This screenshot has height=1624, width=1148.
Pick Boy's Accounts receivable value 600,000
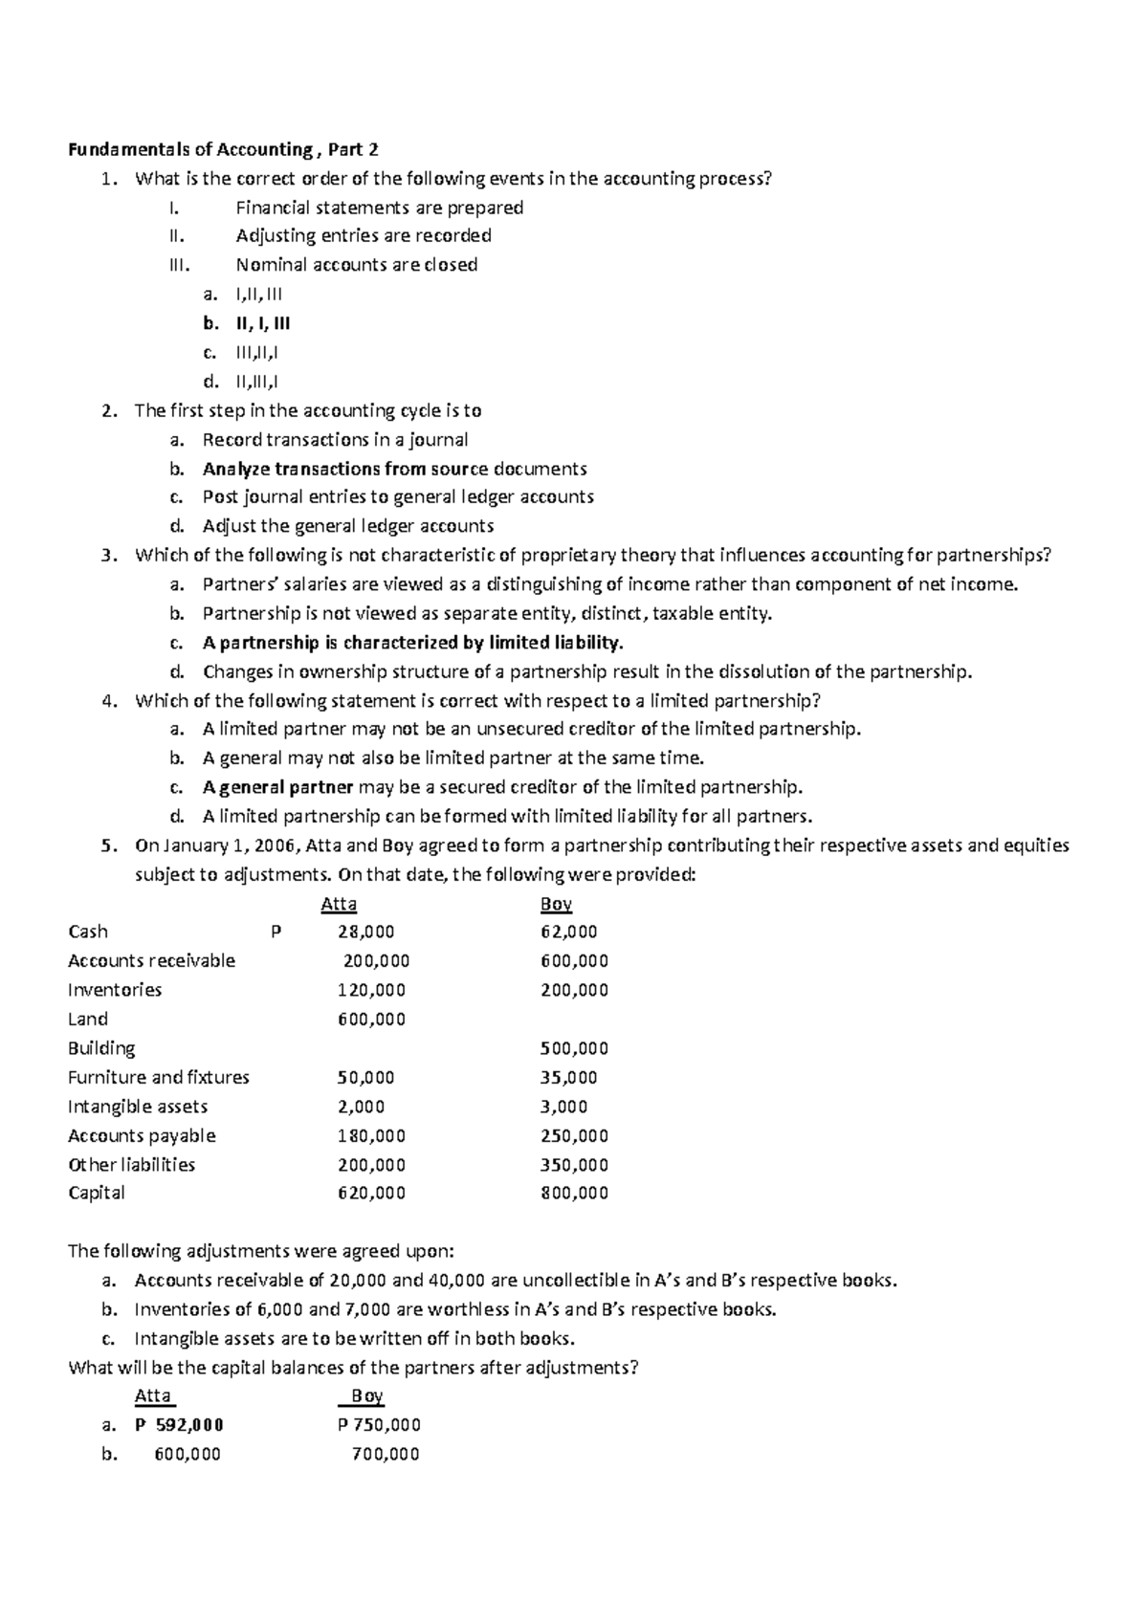pyautogui.click(x=574, y=960)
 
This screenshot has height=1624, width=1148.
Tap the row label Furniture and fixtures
pyautogui.click(x=159, y=1077)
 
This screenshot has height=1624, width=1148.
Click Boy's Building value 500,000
pyautogui.click(x=574, y=1048)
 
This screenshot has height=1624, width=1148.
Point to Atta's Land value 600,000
pyautogui.click(x=371, y=1019)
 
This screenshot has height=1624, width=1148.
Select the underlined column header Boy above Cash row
pyautogui.click(x=556, y=904)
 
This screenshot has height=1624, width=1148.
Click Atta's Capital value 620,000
pyautogui.click(x=371, y=1193)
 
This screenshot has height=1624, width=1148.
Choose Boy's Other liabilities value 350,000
pyautogui.click(x=574, y=1164)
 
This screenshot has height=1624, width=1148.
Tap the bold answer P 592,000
pyautogui.click(x=179, y=1424)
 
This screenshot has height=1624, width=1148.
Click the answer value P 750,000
pyautogui.click(x=379, y=1424)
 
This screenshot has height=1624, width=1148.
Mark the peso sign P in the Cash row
pyautogui.click(x=276, y=932)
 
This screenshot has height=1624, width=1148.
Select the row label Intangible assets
pyautogui.click(x=138, y=1107)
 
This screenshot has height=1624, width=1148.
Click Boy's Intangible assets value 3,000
pyautogui.click(x=564, y=1107)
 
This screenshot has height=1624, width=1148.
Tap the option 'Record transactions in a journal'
pyautogui.click(x=335, y=440)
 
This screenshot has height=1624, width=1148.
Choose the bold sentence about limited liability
pyautogui.click(x=412, y=643)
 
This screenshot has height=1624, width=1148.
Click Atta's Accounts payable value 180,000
pyautogui.click(x=371, y=1135)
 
